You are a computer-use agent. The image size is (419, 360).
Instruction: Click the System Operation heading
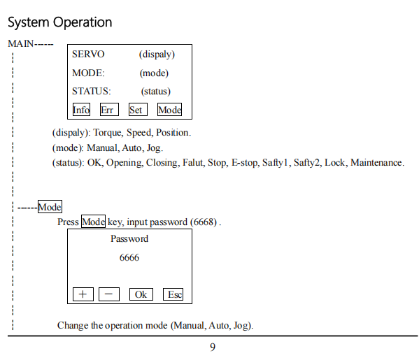(60, 22)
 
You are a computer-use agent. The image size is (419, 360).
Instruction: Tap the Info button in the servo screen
(81, 110)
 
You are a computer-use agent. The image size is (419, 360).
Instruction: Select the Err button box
(109, 110)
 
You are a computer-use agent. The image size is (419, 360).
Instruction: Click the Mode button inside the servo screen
(169, 110)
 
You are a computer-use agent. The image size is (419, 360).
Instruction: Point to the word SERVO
(88, 55)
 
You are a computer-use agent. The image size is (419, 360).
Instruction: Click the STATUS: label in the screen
(92, 92)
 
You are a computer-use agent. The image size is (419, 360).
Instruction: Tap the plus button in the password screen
(83, 294)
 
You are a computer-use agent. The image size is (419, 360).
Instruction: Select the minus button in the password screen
(109, 294)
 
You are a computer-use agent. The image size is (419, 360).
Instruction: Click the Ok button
(141, 294)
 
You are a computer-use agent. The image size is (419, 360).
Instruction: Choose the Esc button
(173, 294)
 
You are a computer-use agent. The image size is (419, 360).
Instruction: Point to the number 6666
(129, 258)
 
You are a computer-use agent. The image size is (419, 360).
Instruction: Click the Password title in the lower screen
(129, 239)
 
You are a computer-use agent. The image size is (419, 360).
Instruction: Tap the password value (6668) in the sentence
(204, 222)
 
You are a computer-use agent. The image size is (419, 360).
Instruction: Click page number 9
(213, 347)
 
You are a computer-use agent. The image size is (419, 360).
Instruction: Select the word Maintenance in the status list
(376, 163)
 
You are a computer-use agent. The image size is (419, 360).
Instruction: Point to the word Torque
(108, 133)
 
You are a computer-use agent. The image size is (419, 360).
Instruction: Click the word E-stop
(245, 163)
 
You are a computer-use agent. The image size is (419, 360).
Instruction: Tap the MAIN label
(21, 43)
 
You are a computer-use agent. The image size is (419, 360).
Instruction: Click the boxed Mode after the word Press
(93, 221)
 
